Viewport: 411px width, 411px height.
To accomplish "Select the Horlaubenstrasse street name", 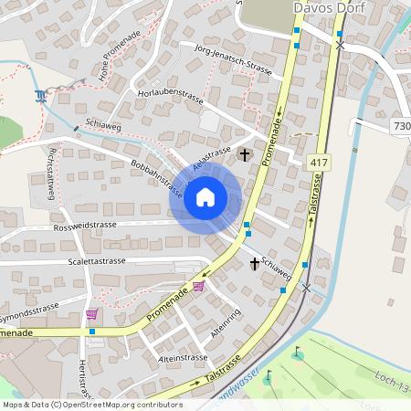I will click(x=170, y=94).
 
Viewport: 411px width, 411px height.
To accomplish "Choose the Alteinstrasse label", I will click(x=184, y=359).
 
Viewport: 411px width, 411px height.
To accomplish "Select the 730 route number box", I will click(x=401, y=125).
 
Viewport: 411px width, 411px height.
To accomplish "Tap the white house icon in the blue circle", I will click(x=205, y=197).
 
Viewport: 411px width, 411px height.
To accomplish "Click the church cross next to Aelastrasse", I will click(x=244, y=154).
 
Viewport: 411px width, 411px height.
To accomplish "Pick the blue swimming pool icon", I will click(x=40, y=96).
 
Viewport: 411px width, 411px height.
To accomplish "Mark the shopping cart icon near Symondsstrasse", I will click(x=91, y=314).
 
